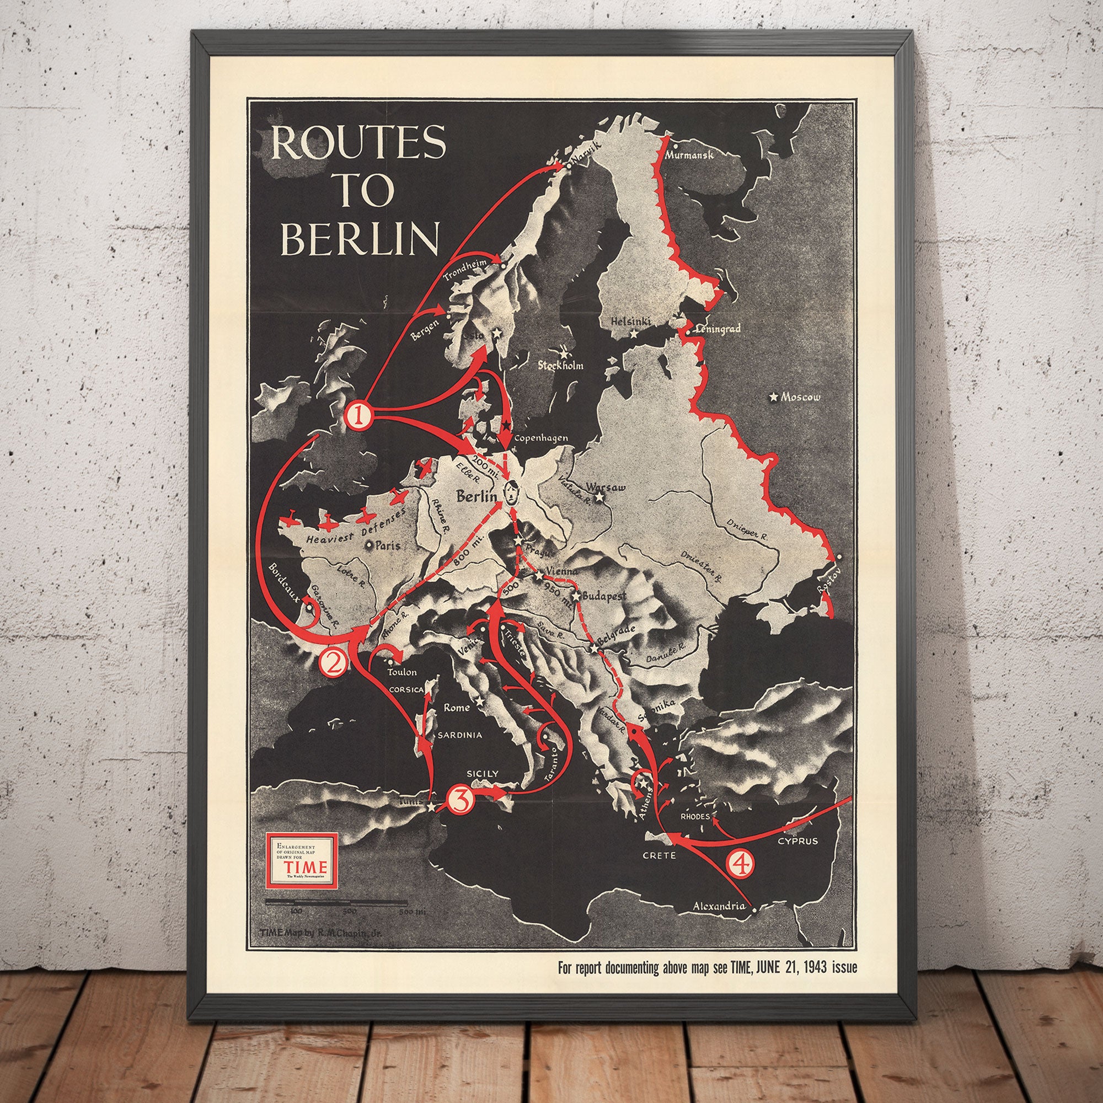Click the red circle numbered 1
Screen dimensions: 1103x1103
[x=358, y=416]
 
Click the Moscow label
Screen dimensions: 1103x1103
[x=800, y=397]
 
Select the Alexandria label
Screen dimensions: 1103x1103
[x=719, y=906]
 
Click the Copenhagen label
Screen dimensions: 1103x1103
[x=540, y=438]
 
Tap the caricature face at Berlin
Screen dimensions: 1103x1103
[x=510, y=492]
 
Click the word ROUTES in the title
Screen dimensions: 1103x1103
[x=358, y=142]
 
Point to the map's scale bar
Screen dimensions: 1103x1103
[x=336, y=903]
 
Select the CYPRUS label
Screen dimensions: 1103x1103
[x=797, y=841]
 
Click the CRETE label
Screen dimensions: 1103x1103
[x=660, y=855]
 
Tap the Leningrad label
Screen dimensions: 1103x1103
[x=718, y=329]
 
